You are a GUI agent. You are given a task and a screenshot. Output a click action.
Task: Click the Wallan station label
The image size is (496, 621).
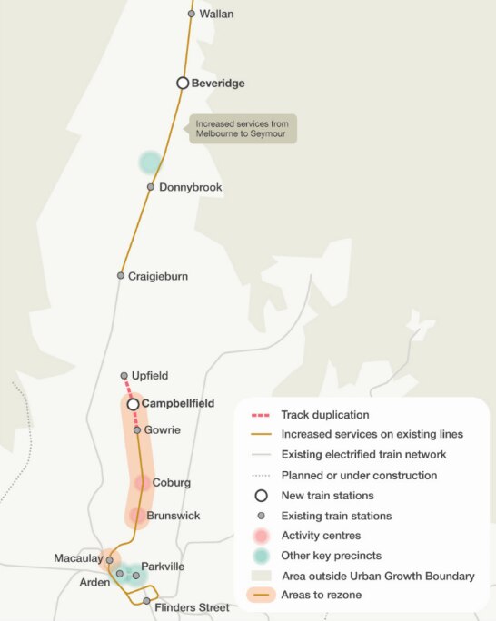pyautogui.click(x=216, y=15)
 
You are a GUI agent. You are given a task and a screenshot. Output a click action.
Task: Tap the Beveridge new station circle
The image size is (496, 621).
pyautogui.click(x=183, y=83)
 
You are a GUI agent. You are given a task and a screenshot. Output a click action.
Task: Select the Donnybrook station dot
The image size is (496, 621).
pyautogui.click(x=151, y=188)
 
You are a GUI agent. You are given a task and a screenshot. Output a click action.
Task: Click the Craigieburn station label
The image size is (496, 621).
pyautogui.click(x=158, y=276)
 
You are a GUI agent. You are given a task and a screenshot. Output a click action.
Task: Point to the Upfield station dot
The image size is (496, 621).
pyautogui.click(x=124, y=376)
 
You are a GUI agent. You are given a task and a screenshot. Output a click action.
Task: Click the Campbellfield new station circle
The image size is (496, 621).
pyautogui.click(x=133, y=404)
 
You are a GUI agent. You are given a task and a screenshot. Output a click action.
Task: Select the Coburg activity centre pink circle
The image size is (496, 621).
pyautogui.click(x=143, y=483)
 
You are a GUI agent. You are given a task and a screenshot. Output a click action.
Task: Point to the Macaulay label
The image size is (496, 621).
pyautogui.click(x=77, y=557)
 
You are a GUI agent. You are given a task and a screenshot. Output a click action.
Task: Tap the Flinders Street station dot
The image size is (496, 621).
pyautogui.click(x=146, y=601)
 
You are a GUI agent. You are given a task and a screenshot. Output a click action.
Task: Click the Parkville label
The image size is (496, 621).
pyautogui.click(x=163, y=567)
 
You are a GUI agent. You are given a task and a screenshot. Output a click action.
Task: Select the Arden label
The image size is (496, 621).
pyautogui.click(x=94, y=582)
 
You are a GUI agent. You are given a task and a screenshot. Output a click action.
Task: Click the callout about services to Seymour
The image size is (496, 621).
pyautogui.click(x=243, y=129)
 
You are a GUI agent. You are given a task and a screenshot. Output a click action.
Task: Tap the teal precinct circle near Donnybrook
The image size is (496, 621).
pyautogui.click(x=149, y=163)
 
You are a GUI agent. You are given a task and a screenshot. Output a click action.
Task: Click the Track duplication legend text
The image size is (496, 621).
pyautogui.click(x=325, y=414)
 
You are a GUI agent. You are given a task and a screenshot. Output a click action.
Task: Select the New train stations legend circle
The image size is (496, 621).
pyautogui.click(x=261, y=496)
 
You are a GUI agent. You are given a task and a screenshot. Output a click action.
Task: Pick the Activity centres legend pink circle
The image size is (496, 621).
pyautogui.click(x=261, y=536)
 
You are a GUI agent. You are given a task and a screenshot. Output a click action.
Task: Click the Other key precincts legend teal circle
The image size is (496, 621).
pyautogui.click(x=261, y=556)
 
